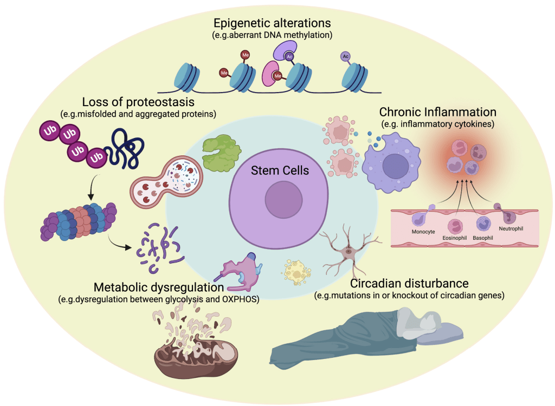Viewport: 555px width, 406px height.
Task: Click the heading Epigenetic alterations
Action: click(272, 24)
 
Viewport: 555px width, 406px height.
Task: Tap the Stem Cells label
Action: click(280, 171)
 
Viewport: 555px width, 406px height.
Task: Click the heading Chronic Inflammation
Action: click(438, 113)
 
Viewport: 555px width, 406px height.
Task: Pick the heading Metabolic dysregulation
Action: click(159, 287)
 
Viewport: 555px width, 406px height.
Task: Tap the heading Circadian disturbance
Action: click(409, 284)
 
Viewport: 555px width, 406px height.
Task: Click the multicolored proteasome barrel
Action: click(78, 221)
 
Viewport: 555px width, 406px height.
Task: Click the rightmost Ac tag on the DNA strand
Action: click(345, 56)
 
